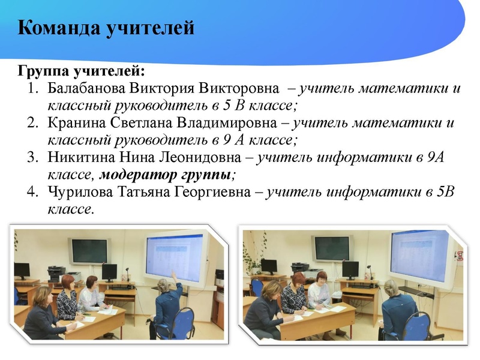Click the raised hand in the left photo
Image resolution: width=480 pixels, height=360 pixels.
click(173, 273)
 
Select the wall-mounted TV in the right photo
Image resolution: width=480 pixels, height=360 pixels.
click(331, 248)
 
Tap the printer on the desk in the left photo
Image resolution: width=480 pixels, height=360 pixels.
click(57, 273)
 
